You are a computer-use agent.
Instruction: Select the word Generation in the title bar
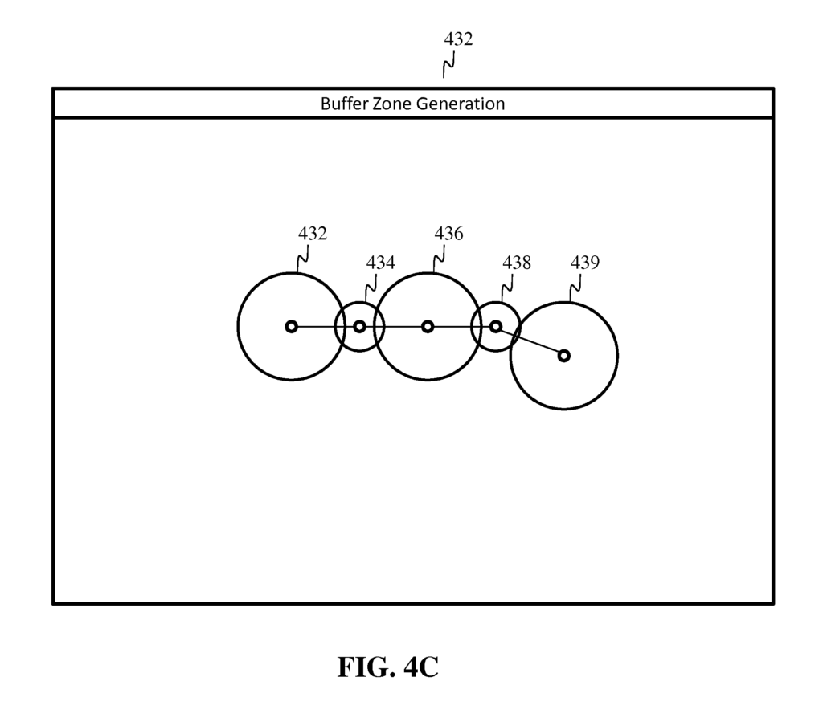point(461,104)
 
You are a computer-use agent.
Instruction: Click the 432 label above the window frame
point(458,39)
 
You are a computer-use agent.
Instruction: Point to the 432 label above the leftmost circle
point(313,234)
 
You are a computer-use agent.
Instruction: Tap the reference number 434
point(381,263)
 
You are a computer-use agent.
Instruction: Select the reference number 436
point(448,234)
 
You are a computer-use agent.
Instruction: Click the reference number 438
point(517,263)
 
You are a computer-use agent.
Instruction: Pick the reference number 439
point(584,263)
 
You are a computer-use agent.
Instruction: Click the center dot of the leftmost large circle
point(292,326)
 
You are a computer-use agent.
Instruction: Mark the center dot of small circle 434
point(359,326)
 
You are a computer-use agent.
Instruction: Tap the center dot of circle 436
point(428,326)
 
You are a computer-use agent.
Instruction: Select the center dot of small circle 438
point(496,326)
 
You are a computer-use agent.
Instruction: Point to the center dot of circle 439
point(564,355)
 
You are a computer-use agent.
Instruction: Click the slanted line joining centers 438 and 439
point(530,341)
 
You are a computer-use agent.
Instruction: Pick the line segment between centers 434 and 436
point(394,326)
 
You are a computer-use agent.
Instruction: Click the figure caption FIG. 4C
point(387,667)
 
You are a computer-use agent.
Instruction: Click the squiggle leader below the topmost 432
point(448,63)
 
